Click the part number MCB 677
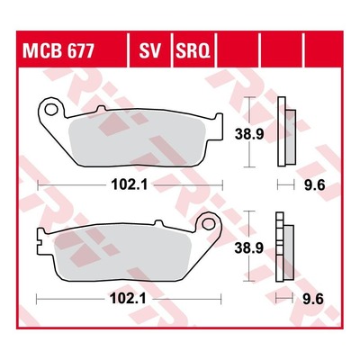point(58,50)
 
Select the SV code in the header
point(150,50)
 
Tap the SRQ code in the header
point(193,50)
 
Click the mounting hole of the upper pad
point(51,110)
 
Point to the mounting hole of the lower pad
point(209,224)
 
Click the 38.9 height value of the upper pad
point(249,135)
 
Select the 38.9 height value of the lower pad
point(249,248)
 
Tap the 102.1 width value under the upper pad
point(130,184)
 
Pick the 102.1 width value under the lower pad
point(128,299)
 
